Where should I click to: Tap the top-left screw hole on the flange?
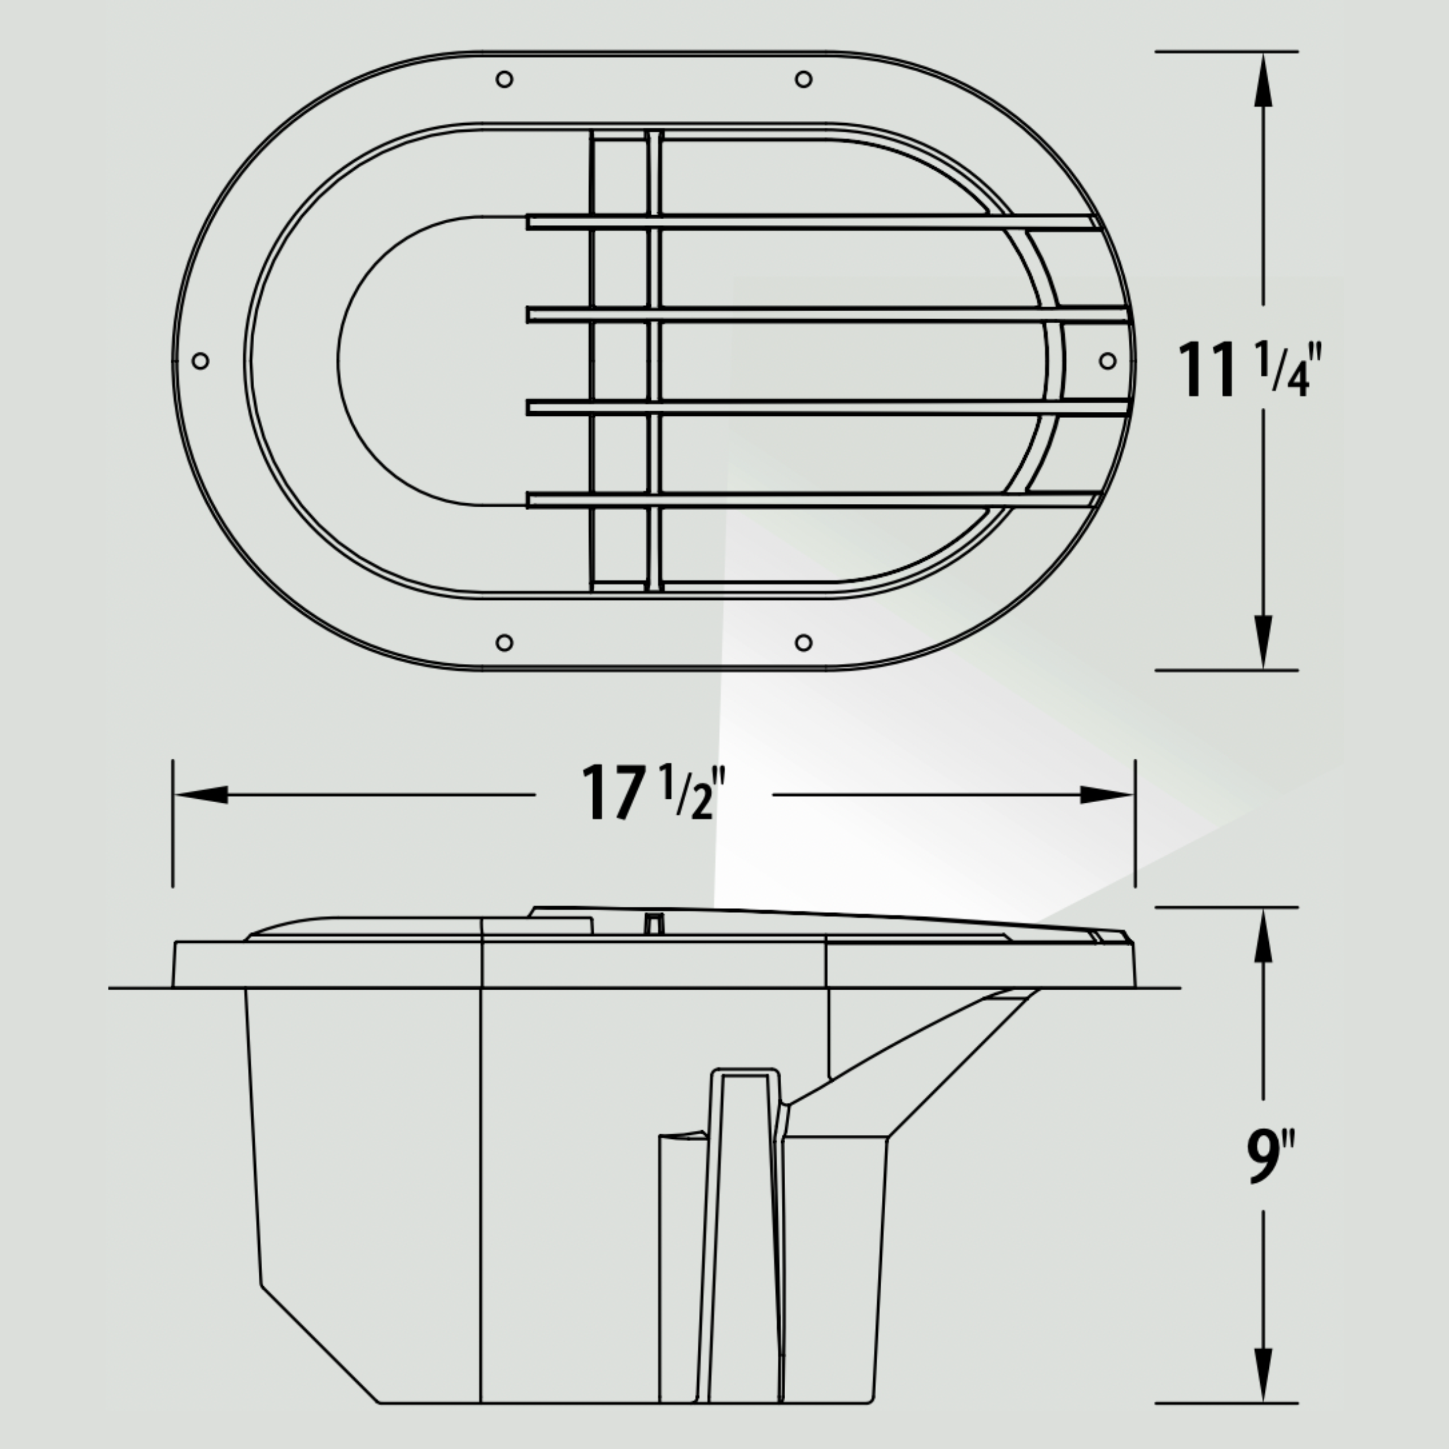tap(505, 79)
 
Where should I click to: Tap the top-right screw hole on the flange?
tap(803, 79)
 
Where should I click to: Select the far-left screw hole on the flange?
tap(200, 361)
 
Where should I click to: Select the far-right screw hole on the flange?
tap(1108, 361)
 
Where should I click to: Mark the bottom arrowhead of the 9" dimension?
tap(1263, 1373)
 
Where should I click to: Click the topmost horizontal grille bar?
tap(810, 222)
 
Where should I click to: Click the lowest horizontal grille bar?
tap(810, 499)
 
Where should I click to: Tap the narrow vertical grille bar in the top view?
tap(654, 360)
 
